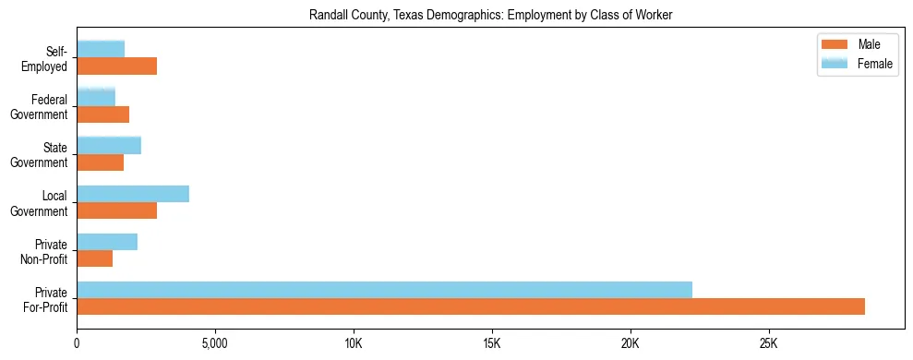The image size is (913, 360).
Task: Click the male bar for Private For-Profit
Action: tap(471, 306)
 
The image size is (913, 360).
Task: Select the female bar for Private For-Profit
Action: tap(384, 290)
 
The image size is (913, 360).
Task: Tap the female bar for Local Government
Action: tap(133, 194)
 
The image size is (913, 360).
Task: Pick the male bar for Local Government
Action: tap(117, 210)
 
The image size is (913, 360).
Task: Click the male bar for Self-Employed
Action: tap(117, 66)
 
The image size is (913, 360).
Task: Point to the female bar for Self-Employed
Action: tap(101, 50)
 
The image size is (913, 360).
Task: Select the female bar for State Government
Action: tap(109, 146)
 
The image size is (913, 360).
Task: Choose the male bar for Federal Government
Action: tap(103, 114)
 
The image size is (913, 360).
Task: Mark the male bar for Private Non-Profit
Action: tap(95, 258)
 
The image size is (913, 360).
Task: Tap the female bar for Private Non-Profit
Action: tap(107, 242)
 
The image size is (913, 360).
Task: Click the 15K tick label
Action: tap(492, 343)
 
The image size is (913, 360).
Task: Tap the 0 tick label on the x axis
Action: tap(78, 343)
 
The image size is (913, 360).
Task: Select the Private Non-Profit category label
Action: tap(45, 251)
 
